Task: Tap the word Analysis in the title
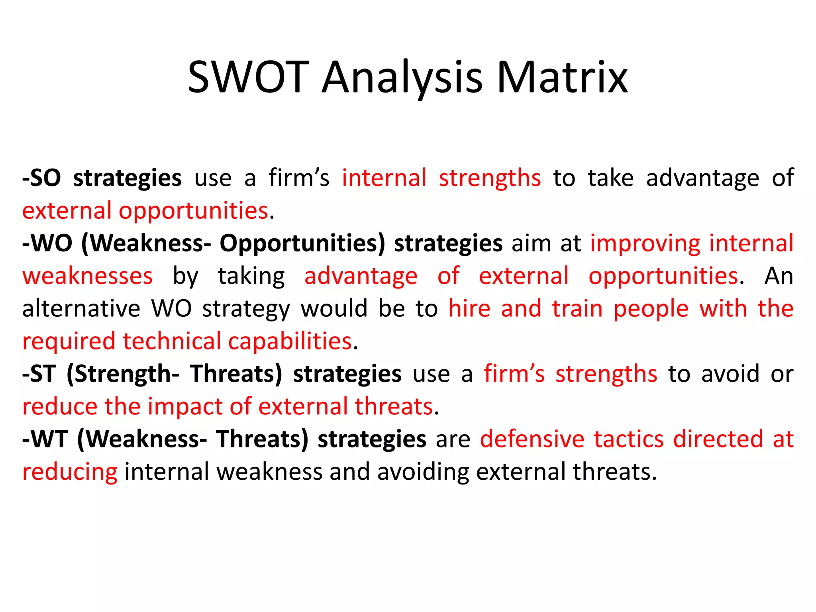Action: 402,78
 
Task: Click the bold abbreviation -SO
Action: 42,178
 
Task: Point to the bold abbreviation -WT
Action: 45,439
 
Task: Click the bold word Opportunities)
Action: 302,244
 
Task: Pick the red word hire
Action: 469,309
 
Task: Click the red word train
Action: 577,309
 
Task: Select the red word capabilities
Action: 290,342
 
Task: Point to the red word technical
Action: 172,342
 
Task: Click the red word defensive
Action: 532,439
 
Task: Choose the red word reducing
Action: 70,473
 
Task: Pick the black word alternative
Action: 81,309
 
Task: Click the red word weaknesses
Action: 87,276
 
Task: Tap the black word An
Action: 779,276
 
